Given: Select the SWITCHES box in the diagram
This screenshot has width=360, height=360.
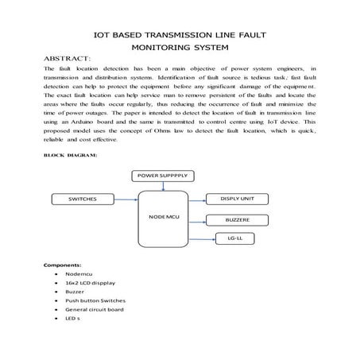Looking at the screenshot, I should [83, 198].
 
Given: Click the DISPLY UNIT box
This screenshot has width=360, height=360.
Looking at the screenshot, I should [240, 198].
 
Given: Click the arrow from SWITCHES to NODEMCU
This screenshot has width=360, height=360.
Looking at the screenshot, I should [127, 198].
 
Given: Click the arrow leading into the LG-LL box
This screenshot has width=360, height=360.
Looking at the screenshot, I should [206, 237].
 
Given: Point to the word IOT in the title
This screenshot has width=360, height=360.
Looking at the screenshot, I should [104, 35].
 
